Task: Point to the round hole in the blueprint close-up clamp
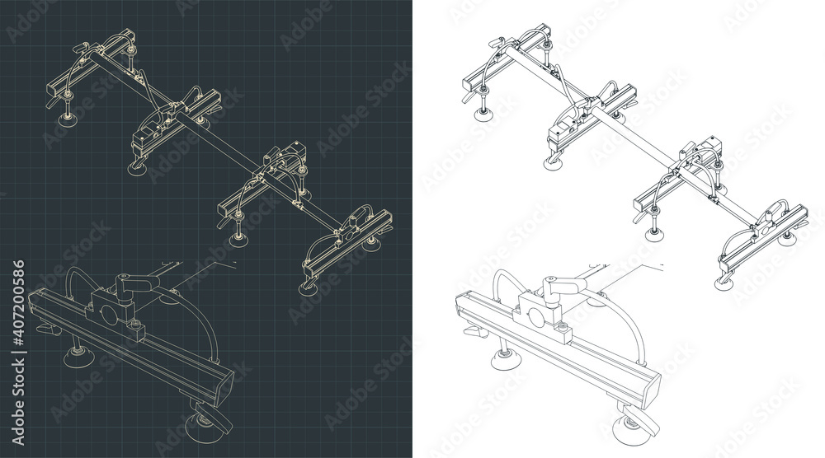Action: pyautogui.click(x=110, y=316)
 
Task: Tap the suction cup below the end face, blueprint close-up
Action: pyautogui.click(x=206, y=429)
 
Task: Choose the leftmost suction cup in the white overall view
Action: pyautogui.click(x=483, y=113)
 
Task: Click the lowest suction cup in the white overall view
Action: pyautogui.click(x=724, y=283)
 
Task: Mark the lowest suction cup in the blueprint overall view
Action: pyautogui.click(x=309, y=289)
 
